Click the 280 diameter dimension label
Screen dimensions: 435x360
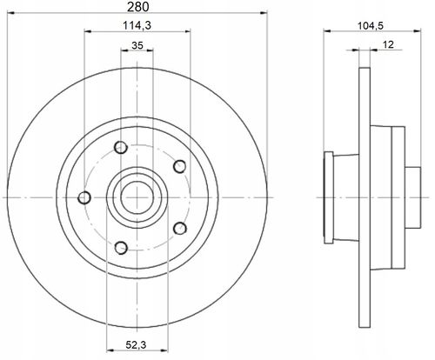point(137,7)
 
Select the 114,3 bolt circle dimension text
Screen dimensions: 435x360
point(137,25)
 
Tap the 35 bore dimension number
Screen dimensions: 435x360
point(137,45)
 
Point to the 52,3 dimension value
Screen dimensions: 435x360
point(137,345)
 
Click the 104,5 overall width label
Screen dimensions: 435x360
point(371,26)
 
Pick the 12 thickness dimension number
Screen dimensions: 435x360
point(388,44)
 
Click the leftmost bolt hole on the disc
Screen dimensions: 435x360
point(84,197)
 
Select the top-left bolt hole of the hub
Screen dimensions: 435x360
point(121,148)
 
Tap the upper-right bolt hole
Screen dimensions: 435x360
point(179,166)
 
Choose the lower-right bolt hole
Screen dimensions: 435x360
point(180,229)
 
